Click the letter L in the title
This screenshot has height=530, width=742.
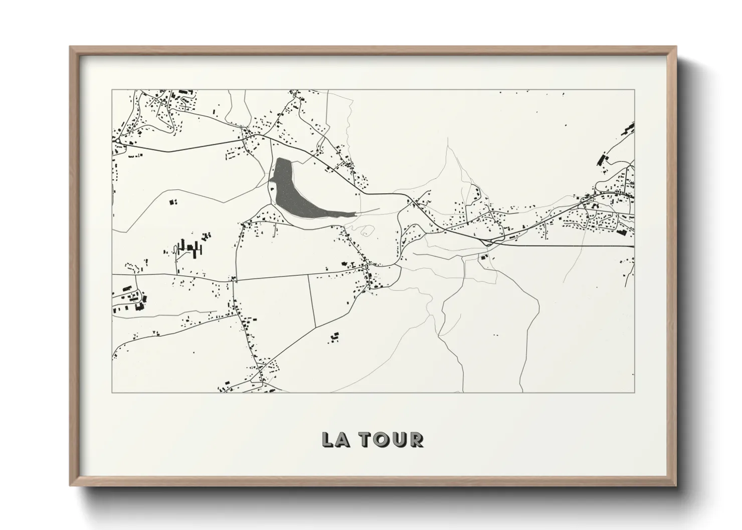327,440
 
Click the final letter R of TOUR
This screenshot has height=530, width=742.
417,440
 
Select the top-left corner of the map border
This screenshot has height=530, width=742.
112,90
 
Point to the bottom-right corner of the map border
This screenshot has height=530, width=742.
634,392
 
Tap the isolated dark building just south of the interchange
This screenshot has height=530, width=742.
484,257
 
